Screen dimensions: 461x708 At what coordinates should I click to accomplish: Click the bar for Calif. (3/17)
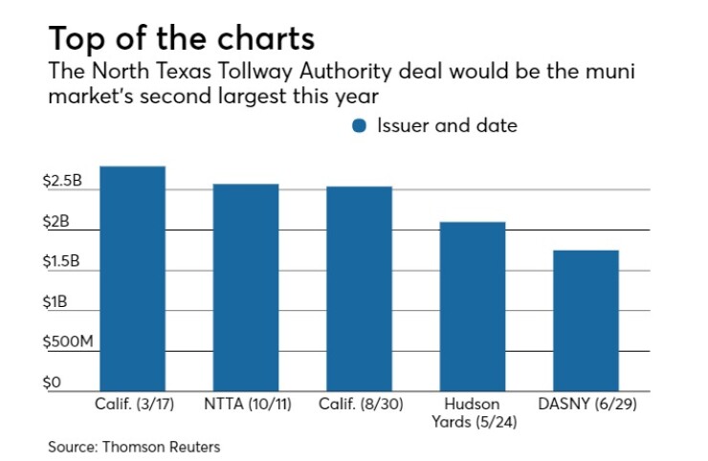132,278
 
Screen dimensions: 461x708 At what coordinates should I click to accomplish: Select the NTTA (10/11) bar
246,287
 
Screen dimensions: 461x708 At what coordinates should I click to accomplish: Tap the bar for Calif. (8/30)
359,288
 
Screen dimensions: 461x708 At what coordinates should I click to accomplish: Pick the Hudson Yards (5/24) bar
473,306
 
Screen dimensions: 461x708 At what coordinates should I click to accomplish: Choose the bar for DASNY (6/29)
586,320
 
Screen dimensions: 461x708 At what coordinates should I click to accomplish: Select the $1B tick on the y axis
61,302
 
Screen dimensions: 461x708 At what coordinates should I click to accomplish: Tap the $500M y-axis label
73,342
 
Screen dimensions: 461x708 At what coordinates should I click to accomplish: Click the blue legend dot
360,126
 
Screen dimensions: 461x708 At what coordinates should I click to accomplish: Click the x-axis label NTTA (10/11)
246,404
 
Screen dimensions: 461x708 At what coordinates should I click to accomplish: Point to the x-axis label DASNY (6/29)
586,404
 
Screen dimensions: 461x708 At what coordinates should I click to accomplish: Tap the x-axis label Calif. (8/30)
359,404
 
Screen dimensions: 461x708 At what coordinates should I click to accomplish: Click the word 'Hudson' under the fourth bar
473,404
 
